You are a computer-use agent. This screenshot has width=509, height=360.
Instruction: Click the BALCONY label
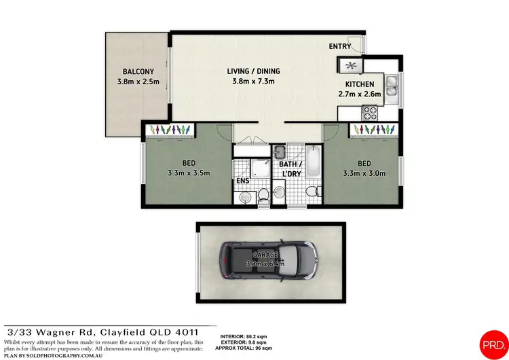click(x=138, y=71)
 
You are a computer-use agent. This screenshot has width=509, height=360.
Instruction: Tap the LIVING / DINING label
click(x=253, y=71)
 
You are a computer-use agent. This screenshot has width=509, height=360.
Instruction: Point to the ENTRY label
click(x=339, y=46)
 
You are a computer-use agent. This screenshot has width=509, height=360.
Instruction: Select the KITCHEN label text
click(x=360, y=84)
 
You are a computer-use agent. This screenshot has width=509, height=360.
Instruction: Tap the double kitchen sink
click(x=392, y=87)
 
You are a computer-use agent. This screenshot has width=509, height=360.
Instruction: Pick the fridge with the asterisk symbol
click(x=352, y=65)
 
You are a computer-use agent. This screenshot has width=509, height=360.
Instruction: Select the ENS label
click(x=242, y=181)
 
